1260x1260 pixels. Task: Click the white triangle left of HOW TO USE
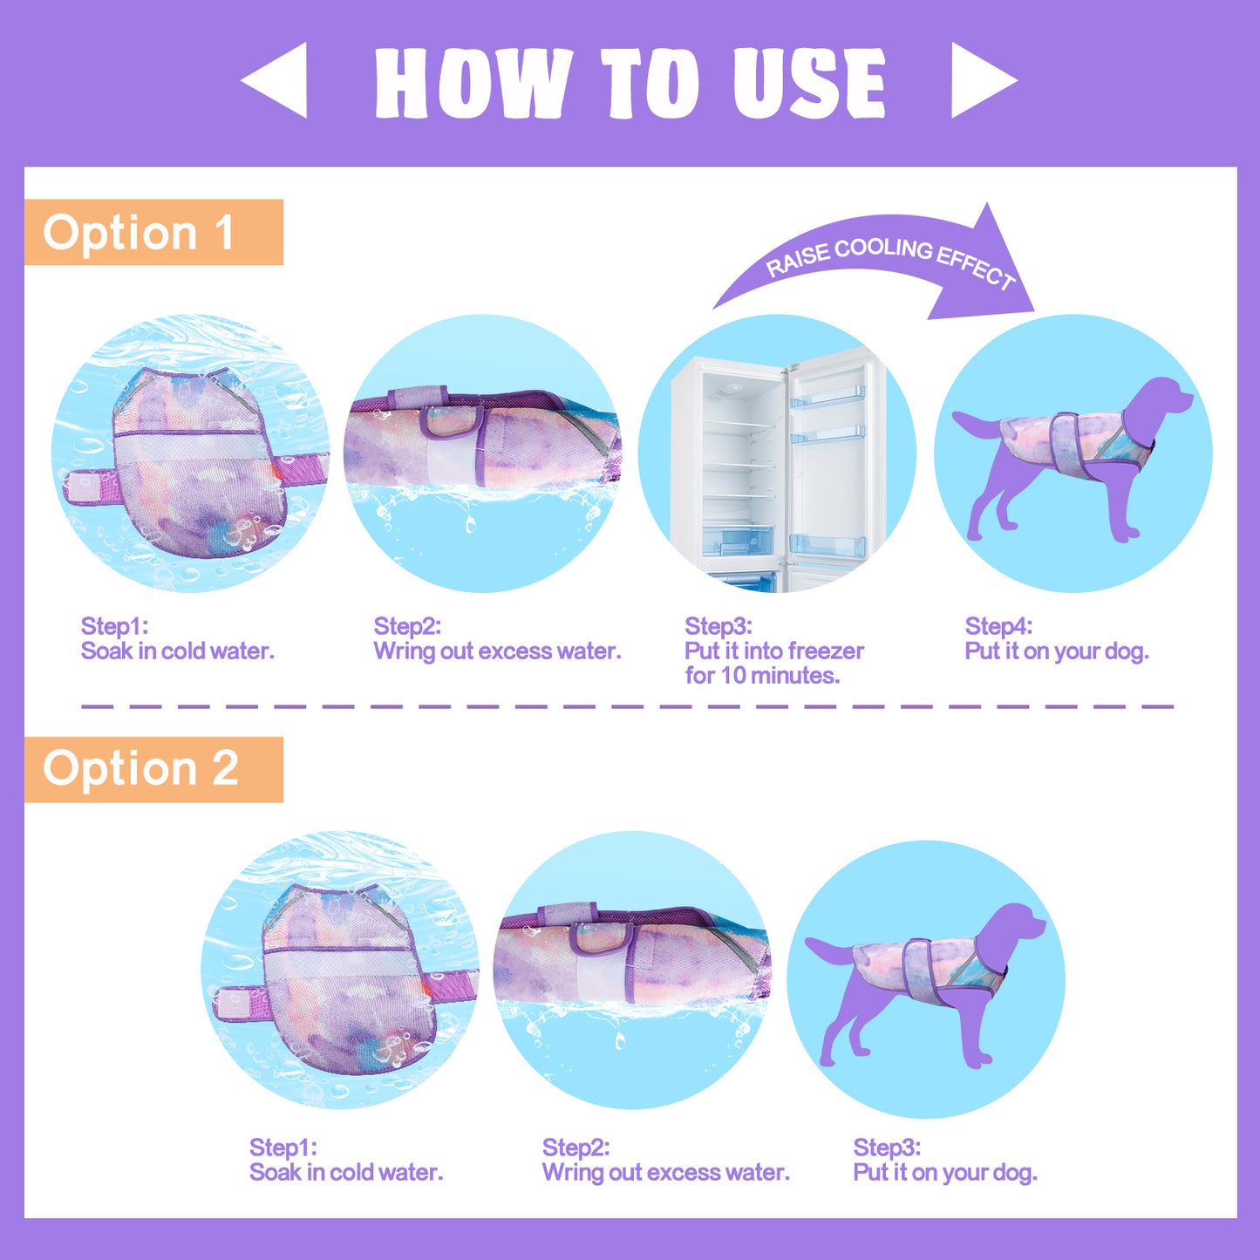click(281, 80)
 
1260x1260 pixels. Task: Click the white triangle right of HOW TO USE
click(977, 80)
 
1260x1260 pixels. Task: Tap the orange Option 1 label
click(153, 232)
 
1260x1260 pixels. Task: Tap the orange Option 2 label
click(153, 770)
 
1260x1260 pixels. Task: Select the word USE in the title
click(809, 83)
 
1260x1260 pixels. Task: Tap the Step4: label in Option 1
click(998, 626)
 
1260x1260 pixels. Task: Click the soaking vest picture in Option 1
click(190, 453)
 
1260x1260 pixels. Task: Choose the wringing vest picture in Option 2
click(633, 971)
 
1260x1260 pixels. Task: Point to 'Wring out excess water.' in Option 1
click(497, 651)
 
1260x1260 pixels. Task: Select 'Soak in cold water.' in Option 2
click(346, 1173)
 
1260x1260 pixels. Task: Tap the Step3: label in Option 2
click(887, 1147)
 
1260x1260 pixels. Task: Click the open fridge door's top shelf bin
click(828, 396)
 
